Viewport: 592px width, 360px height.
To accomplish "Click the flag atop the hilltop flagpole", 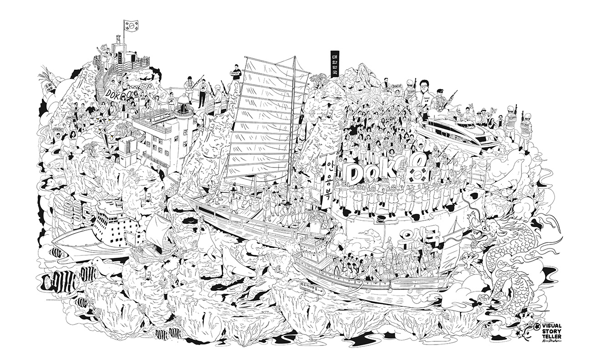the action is click(130, 26).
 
